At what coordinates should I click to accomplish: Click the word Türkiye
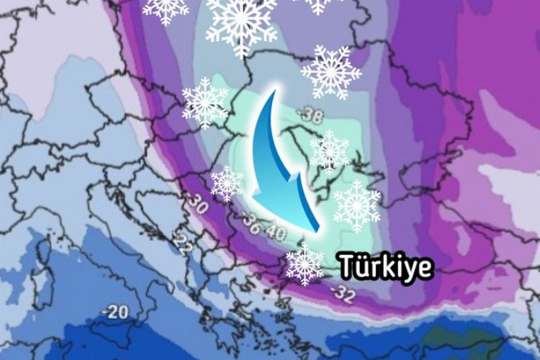coord(387,266)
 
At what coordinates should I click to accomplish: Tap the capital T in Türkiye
coord(349,266)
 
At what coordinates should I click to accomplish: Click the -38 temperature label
coord(312,114)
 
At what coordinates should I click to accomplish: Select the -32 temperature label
coord(342,292)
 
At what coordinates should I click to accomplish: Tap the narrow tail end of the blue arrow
coord(274,92)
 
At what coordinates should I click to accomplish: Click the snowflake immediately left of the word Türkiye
coord(305,264)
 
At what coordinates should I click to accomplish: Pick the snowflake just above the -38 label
coord(331,72)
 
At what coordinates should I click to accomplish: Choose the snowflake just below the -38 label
coord(329,151)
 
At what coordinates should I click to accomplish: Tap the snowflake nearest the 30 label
coord(227,183)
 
